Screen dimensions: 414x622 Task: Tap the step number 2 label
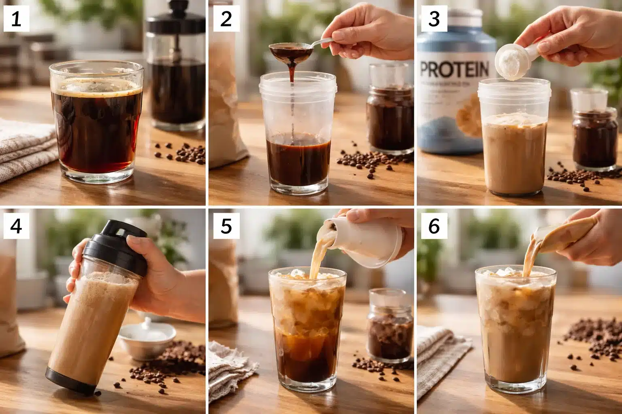point(226,19)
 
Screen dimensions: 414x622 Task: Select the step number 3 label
point(434,19)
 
